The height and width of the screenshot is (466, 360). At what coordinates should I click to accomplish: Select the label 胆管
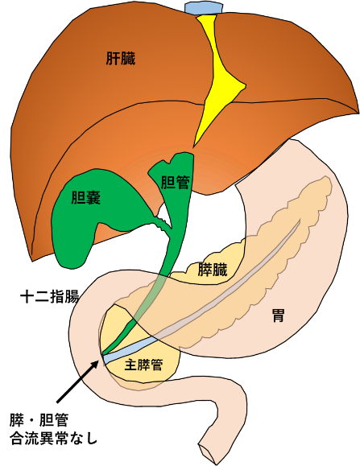pyautogui.click(x=176, y=183)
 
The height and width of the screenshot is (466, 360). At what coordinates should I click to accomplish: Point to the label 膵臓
pyautogui.click(x=213, y=270)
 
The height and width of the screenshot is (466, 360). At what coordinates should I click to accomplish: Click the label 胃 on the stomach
pyautogui.click(x=278, y=316)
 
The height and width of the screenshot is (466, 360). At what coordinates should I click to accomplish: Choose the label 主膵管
pyautogui.click(x=144, y=365)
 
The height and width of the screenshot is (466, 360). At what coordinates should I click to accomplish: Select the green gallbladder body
pyautogui.click(x=77, y=229)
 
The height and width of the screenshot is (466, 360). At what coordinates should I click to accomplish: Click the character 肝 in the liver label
pyautogui.click(x=114, y=59)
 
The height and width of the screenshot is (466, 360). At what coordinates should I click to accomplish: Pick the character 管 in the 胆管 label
pyautogui.click(x=183, y=183)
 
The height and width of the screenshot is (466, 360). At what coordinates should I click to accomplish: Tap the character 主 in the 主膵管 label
pyautogui.click(x=131, y=365)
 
